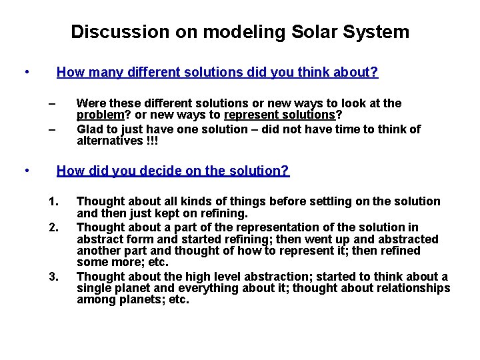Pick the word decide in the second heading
[x=160, y=171]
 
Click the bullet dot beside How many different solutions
[x=25, y=72]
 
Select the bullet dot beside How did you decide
[x=25, y=171]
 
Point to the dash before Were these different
[x=52, y=103]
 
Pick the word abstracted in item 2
[x=407, y=239]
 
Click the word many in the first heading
[x=103, y=72]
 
